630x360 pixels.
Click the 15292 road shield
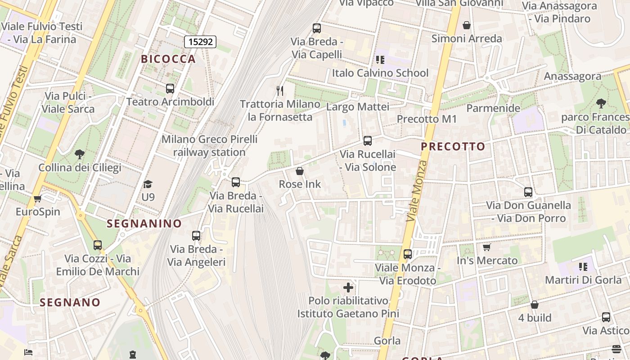pyautogui.click(x=200, y=42)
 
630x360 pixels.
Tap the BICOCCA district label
pyautogui.click(x=168, y=59)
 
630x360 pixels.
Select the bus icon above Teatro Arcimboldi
pyautogui.click(x=170, y=89)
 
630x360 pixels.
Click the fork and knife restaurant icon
pyautogui.click(x=280, y=91)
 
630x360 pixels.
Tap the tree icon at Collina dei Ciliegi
pyautogui.click(x=80, y=155)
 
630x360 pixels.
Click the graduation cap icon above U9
pyautogui.click(x=148, y=184)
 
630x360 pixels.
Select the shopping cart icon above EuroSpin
pyautogui.click(x=38, y=198)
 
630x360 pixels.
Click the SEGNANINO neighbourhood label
pyautogui.click(x=144, y=224)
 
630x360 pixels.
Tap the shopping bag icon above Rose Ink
pyautogui.click(x=300, y=171)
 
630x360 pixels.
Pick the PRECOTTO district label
pyautogui.click(x=453, y=147)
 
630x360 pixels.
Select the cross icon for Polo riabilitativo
pyautogui.click(x=348, y=287)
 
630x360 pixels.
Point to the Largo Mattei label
pyautogui.click(x=358, y=107)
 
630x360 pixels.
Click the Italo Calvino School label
pyautogui.click(x=380, y=73)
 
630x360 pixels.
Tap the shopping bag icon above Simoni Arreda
pyautogui.click(x=467, y=25)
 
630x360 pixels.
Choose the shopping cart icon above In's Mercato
pyautogui.click(x=487, y=247)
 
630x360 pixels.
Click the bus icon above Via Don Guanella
pyautogui.click(x=528, y=192)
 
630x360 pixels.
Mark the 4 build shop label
pyautogui.click(x=535, y=318)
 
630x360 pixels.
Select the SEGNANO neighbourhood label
pyautogui.click(x=70, y=302)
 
